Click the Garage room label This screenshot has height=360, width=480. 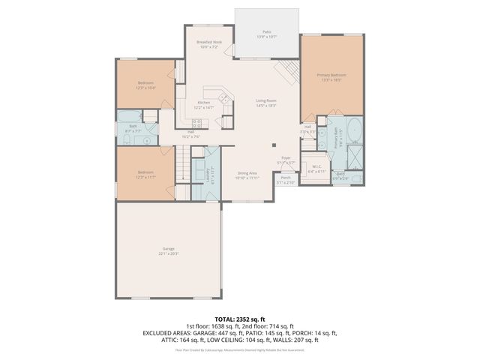[x=168, y=250]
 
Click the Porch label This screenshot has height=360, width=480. [x=286, y=179]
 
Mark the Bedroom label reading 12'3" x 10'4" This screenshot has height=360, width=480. [x=146, y=85]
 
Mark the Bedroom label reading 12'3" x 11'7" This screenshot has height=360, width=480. [x=146, y=175]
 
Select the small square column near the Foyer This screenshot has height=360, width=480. [x=274, y=145]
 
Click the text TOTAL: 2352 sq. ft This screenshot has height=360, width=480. [x=240, y=318]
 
